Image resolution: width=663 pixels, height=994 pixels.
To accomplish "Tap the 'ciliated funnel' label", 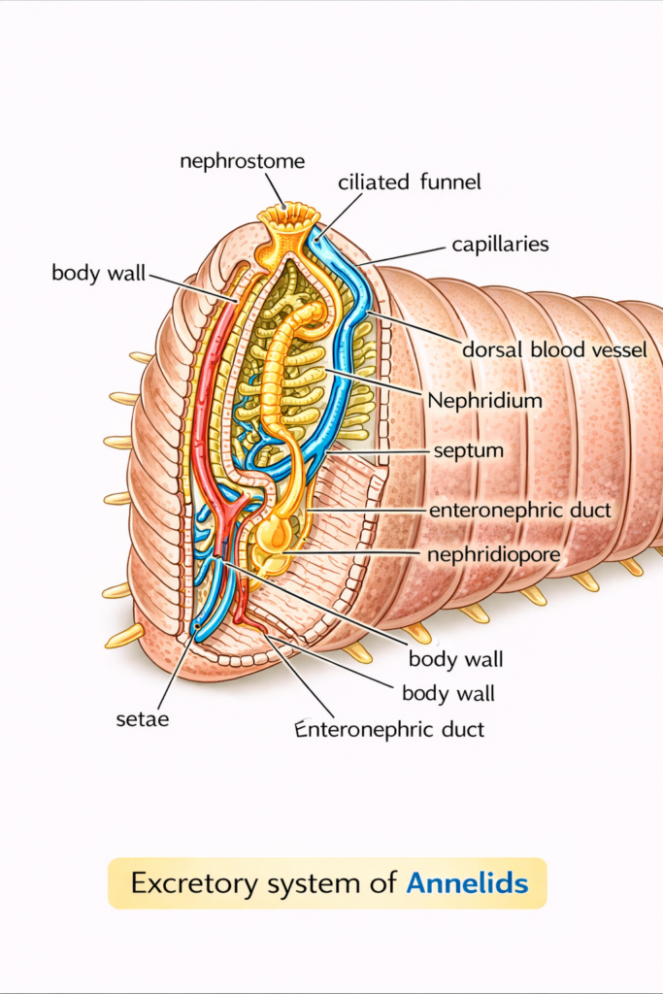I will click(x=410, y=182).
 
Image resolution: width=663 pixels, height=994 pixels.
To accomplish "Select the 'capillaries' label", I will click(x=500, y=245).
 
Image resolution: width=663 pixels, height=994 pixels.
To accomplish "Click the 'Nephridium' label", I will click(x=484, y=399).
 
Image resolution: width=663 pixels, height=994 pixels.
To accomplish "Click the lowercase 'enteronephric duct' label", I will click(x=520, y=509).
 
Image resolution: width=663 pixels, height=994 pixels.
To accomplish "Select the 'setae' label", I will click(x=136, y=720).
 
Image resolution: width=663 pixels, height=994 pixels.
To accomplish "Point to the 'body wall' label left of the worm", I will click(x=98, y=273).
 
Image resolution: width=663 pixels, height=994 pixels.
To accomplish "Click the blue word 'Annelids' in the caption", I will click(x=467, y=883).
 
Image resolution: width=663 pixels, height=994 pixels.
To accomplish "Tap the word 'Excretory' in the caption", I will click(x=189, y=883).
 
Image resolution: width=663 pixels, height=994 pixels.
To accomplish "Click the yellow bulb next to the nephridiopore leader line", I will click(x=274, y=533).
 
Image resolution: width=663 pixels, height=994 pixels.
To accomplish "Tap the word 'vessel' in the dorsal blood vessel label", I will click(x=616, y=349).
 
